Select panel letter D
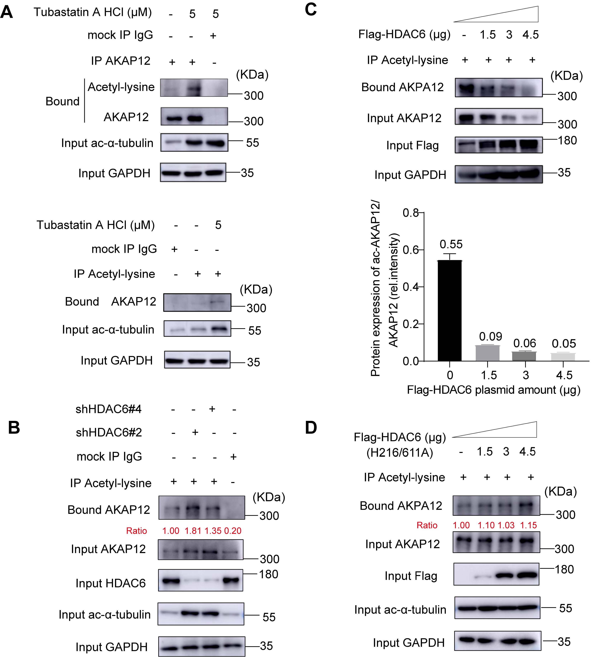pos(311,428)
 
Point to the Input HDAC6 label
pos(110,583)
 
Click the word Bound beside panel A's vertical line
pos(62,101)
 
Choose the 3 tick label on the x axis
pos(526,375)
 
